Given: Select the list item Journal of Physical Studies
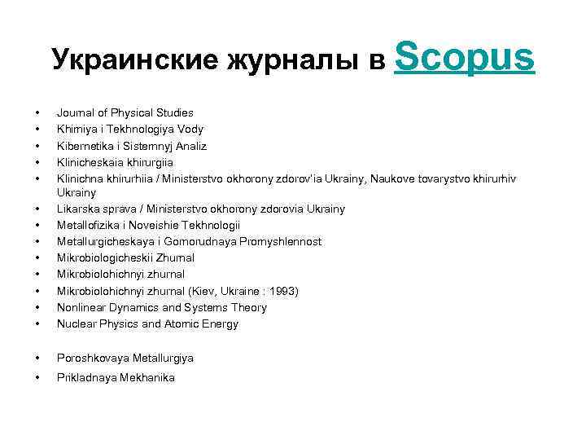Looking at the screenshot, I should pos(125,112).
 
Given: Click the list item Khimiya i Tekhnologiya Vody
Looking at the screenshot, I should pos(129,129).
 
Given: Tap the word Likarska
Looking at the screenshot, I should pos(77,209).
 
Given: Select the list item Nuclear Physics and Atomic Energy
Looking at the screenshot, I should pos(147,323).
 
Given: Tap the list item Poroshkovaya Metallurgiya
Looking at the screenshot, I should pos(125,358).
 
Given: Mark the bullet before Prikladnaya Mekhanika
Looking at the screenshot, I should pos(37,377).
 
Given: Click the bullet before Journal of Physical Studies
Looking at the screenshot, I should pos(37,112).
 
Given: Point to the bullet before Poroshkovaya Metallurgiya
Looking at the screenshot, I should pos(37,358).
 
